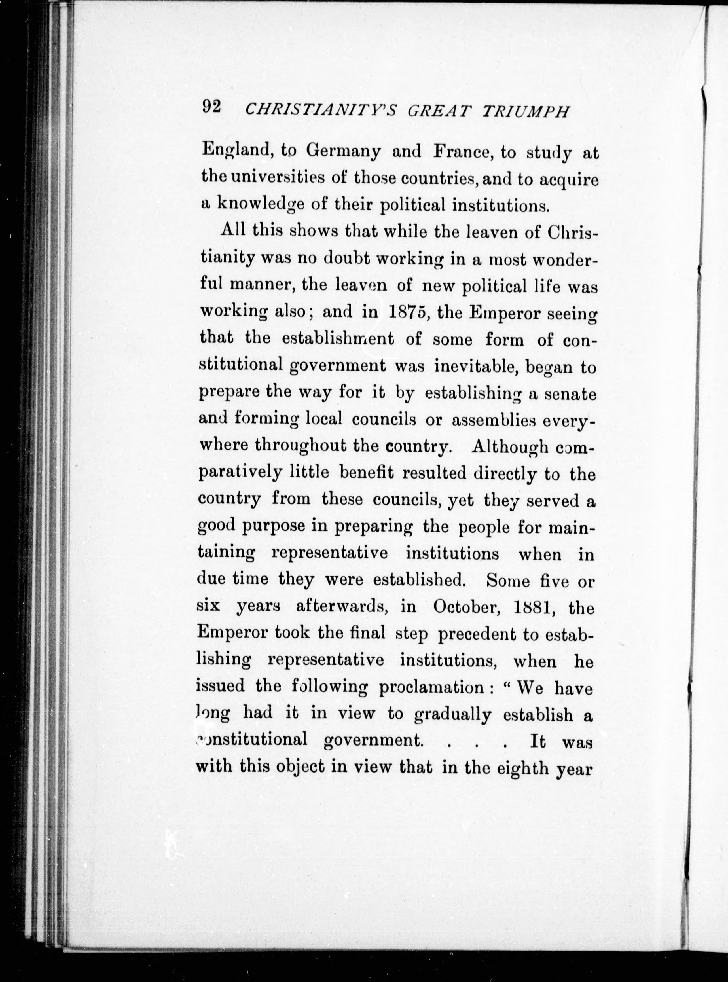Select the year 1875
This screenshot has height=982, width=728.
[x=406, y=312]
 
